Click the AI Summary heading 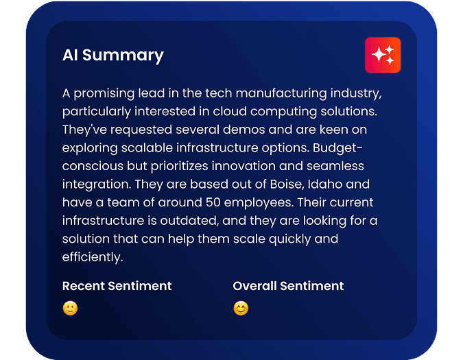(113, 56)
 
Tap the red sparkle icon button (383, 55)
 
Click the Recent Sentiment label (117, 285)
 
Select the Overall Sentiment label (288, 285)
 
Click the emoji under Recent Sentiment (70, 309)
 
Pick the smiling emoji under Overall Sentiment (241, 309)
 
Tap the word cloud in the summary (232, 110)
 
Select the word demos (237, 129)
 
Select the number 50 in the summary (213, 203)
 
